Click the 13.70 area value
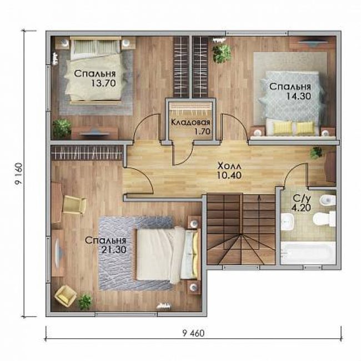[x=103, y=83]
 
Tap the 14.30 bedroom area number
[x=298, y=96]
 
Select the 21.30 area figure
[x=114, y=250]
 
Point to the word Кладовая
[x=190, y=123]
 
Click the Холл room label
[x=229, y=166]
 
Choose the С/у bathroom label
[x=301, y=198]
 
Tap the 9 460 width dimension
[x=193, y=333]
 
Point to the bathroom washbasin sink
[x=287, y=222]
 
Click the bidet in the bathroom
[x=327, y=199]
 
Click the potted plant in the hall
[x=316, y=152]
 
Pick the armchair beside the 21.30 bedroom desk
[x=74, y=204]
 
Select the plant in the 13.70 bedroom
[x=62, y=128]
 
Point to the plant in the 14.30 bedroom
[x=222, y=53]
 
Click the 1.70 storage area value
[x=202, y=132]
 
